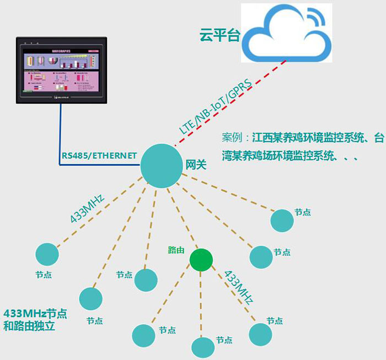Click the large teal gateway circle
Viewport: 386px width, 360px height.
(x=161, y=165)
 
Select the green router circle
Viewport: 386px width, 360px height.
(x=201, y=260)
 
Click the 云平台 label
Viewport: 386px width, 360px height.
(x=220, y=36)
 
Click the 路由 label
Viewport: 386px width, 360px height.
(x=176, y=250)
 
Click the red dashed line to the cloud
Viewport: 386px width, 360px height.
(x=265, y=78)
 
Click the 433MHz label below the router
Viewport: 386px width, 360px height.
(x=238, y=287)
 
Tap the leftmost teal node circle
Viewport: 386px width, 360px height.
(x=47, y=254)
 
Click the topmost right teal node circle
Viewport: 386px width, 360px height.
(x=282, y=220)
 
